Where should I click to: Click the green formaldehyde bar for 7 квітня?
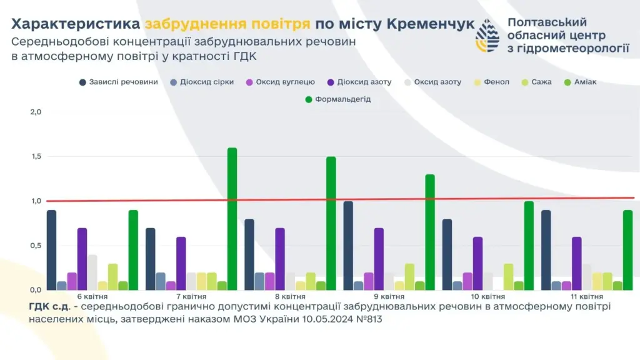point(232,219)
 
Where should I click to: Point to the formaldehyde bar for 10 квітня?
point(529,246)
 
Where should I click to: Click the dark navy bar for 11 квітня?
point(546,250)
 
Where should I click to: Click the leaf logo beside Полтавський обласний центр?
point(487,36)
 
